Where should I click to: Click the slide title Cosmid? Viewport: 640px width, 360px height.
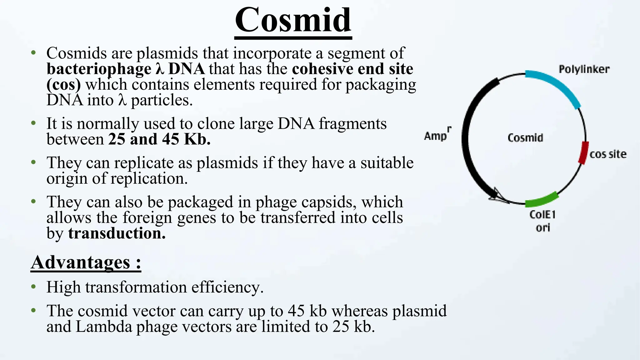pos(293,20)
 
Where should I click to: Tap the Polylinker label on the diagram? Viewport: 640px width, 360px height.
pos(584,69)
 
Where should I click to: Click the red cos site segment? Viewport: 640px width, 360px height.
pos(583,152)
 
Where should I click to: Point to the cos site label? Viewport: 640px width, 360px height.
pos(608,154)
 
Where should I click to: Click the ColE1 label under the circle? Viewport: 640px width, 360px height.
pos(542,215)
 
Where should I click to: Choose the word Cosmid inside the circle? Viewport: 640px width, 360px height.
pos(525,138)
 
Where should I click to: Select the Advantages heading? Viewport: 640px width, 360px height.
pos(86,262)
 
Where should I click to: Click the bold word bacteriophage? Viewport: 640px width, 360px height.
pos(99,69)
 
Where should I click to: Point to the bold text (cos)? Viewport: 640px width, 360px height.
pos(64,85)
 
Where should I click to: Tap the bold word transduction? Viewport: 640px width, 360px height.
pos(117,233)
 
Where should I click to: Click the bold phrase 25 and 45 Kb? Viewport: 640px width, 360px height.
pos(159,139)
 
